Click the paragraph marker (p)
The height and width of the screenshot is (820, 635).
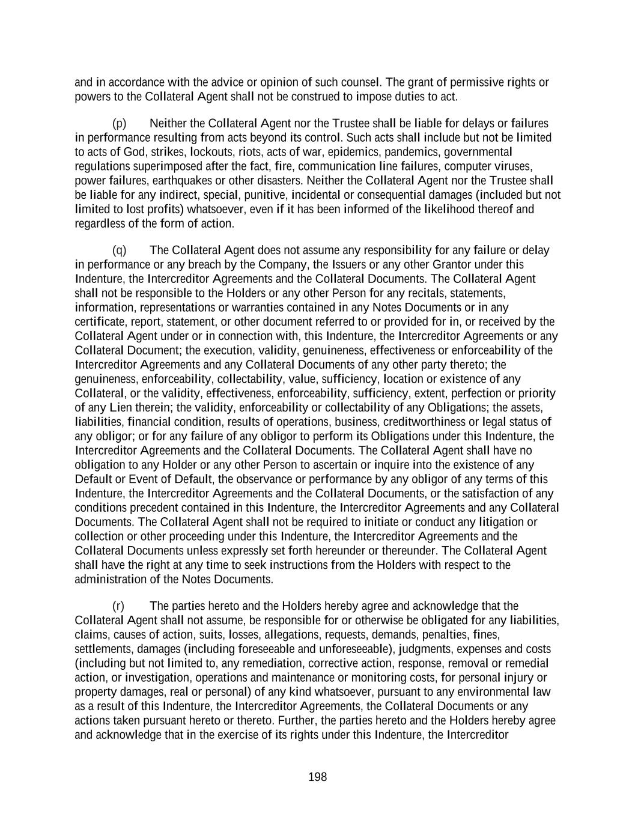[120, 124]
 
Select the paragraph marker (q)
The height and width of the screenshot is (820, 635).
[120, 251]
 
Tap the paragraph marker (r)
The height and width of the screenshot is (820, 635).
[118, 606]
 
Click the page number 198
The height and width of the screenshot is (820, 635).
[317, 777]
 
